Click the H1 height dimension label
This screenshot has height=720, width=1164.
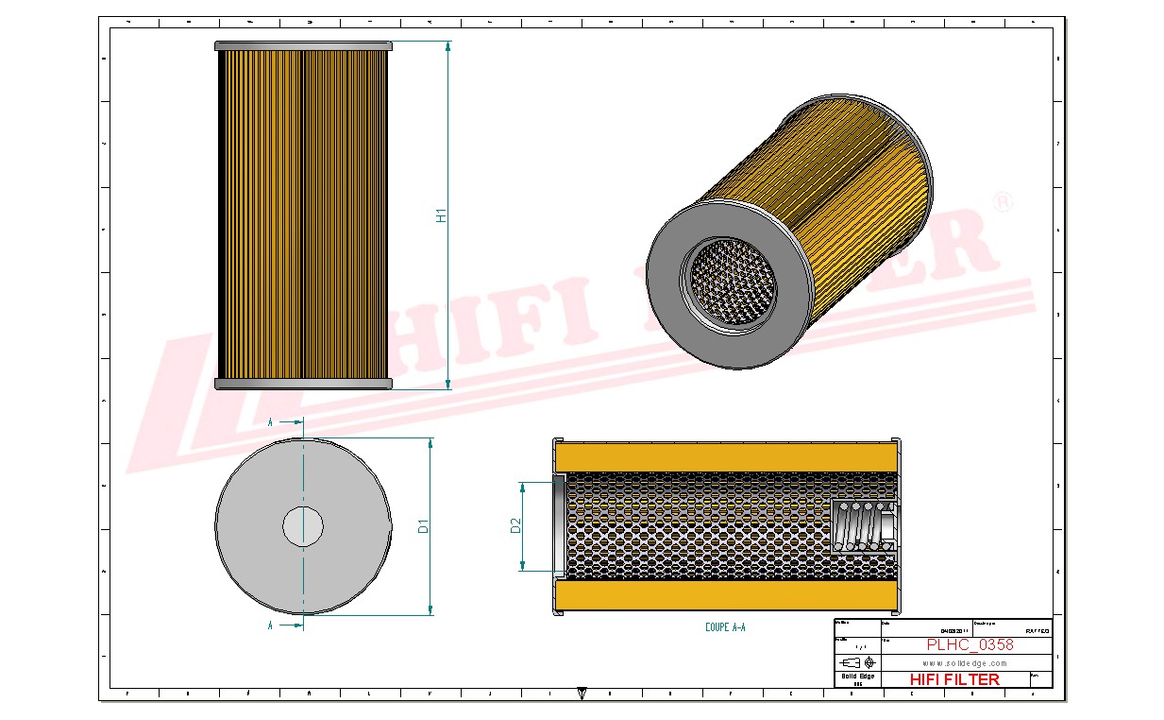point(440,215)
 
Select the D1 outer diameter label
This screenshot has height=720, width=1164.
point(424,526)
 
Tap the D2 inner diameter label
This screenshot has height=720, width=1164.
point(515,525)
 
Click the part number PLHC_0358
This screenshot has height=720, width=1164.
point(970,644)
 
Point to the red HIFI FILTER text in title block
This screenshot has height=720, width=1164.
point(953,678)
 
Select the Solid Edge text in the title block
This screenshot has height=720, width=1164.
point(856,675)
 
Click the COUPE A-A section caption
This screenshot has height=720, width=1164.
point(725,626)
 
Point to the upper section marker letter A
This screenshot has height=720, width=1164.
point(271,422)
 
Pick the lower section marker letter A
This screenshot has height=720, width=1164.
point(271,626)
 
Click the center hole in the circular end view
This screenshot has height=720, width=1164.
point(303,525)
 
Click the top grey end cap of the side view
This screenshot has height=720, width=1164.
point(303,45)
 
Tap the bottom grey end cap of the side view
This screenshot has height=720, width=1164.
point(303,384)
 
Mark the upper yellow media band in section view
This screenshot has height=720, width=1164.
point(725,456)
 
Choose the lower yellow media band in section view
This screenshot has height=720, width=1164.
point(725,595)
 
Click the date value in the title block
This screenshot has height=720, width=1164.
point(954,630)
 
